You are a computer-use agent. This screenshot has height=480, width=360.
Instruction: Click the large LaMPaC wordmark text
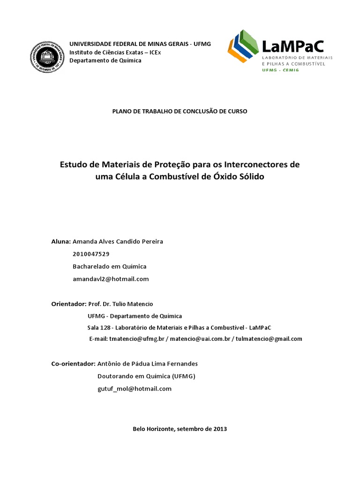(x=292, y=46)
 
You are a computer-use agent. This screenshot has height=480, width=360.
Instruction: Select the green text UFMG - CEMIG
(x=280, y=70)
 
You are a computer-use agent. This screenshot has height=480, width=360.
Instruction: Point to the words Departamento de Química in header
(x=105, y=60)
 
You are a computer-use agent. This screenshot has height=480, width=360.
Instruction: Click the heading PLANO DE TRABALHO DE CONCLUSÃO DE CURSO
(x=180, y=111)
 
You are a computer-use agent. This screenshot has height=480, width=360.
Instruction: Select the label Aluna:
(x=61, y=241)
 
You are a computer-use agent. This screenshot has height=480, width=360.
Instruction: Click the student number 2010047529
(x=91, y=254)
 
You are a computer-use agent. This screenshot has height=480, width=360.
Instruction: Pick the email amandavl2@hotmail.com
(x=111, y=278)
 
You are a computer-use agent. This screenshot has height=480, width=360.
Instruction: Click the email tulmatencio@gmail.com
(x=269, y=338)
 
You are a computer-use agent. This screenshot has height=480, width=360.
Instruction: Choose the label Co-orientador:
(x=73, y=364)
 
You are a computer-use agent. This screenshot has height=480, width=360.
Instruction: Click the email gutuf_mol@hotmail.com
(x=135, y=389)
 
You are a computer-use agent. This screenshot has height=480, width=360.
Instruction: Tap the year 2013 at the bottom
(x=219, y=429)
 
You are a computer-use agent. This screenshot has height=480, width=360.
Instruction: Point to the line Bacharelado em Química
(x=110, y=266)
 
